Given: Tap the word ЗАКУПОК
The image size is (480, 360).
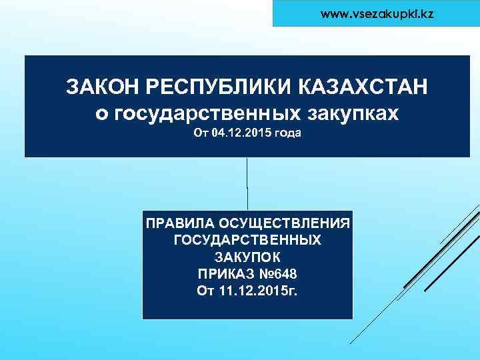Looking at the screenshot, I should pos(247,257).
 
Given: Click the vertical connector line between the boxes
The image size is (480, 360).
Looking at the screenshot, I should pos(248,183).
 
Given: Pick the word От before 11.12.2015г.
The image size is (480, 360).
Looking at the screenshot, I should pos(205,291).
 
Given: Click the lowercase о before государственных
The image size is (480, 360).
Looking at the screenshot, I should pos(101,114).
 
